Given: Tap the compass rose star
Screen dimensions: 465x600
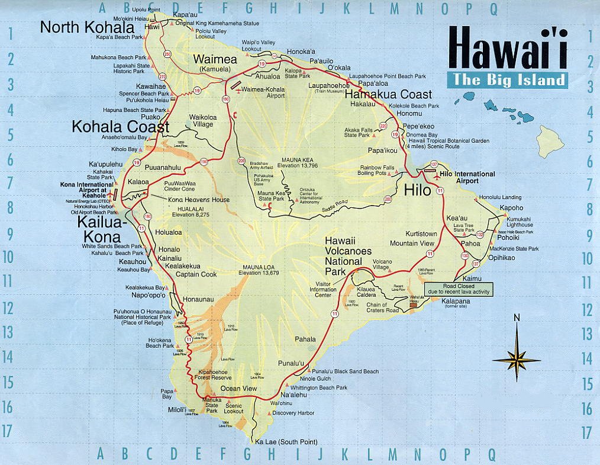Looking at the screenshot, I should point(517,359).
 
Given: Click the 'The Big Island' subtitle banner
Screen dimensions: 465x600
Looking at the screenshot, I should point(507,81).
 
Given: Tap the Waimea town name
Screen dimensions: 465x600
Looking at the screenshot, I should point(215,59).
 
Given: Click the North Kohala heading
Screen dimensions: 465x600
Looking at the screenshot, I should point(87,27).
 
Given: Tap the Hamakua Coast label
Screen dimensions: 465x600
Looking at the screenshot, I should point(388,94).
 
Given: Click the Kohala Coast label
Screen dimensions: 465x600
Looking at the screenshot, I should point(121,126).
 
